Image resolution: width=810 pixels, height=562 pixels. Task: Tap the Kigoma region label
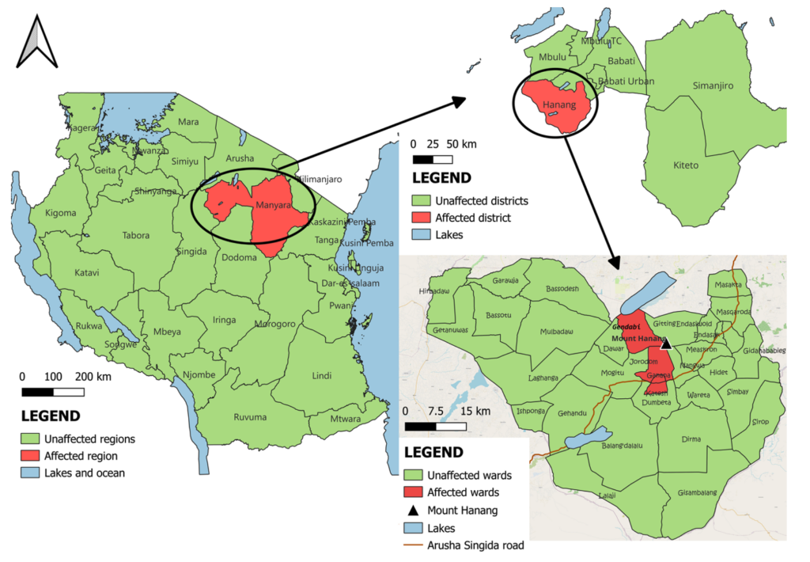point(62,213)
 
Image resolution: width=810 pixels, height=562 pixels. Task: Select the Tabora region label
point(136,235)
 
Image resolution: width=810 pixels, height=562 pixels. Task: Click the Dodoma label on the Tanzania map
point(239,257)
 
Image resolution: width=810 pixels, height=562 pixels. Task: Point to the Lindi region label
point(322,375)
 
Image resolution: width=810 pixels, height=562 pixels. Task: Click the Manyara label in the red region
point(273,206)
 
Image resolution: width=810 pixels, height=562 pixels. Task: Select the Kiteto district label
point(685,165)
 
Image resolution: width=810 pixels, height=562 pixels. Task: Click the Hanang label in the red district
point(558,104)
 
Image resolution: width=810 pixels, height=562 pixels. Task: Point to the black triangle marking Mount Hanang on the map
point(666,343)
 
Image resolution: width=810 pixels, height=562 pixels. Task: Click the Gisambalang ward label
point(697,492)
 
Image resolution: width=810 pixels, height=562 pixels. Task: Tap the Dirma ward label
point(691,438)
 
